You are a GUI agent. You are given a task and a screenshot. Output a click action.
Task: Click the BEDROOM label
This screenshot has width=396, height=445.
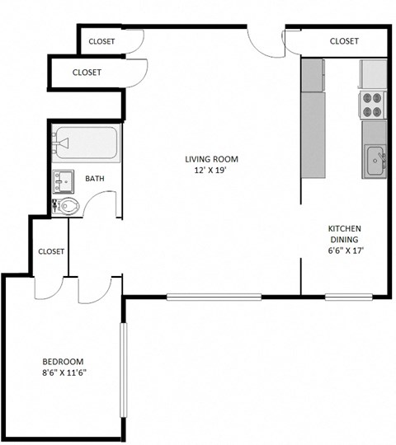tap(64, 362)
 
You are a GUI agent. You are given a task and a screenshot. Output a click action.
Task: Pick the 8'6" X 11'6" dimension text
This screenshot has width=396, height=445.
tap(64, 373)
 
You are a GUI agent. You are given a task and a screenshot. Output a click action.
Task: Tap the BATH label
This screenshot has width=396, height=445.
tap(95, 178)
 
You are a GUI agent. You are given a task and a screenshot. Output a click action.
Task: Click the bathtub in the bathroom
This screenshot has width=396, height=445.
tap(86, 144)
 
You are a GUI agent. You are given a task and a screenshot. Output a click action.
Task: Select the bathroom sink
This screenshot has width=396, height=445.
tap(64, 180)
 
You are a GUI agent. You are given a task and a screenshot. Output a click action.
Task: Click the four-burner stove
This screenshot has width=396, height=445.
tap(372, 103)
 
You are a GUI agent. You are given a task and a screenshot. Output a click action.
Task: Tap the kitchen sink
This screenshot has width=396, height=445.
tap(375, 159)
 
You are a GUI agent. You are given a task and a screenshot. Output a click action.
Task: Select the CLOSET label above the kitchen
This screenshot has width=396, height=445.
tap(344, 41)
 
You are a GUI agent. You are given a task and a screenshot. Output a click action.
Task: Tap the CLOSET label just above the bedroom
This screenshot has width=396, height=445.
tap(51, 251)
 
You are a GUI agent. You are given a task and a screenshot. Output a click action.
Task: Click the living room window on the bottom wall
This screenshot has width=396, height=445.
tap(214, 297)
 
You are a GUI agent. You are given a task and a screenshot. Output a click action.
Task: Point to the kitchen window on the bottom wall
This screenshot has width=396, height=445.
tap(344, 297)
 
